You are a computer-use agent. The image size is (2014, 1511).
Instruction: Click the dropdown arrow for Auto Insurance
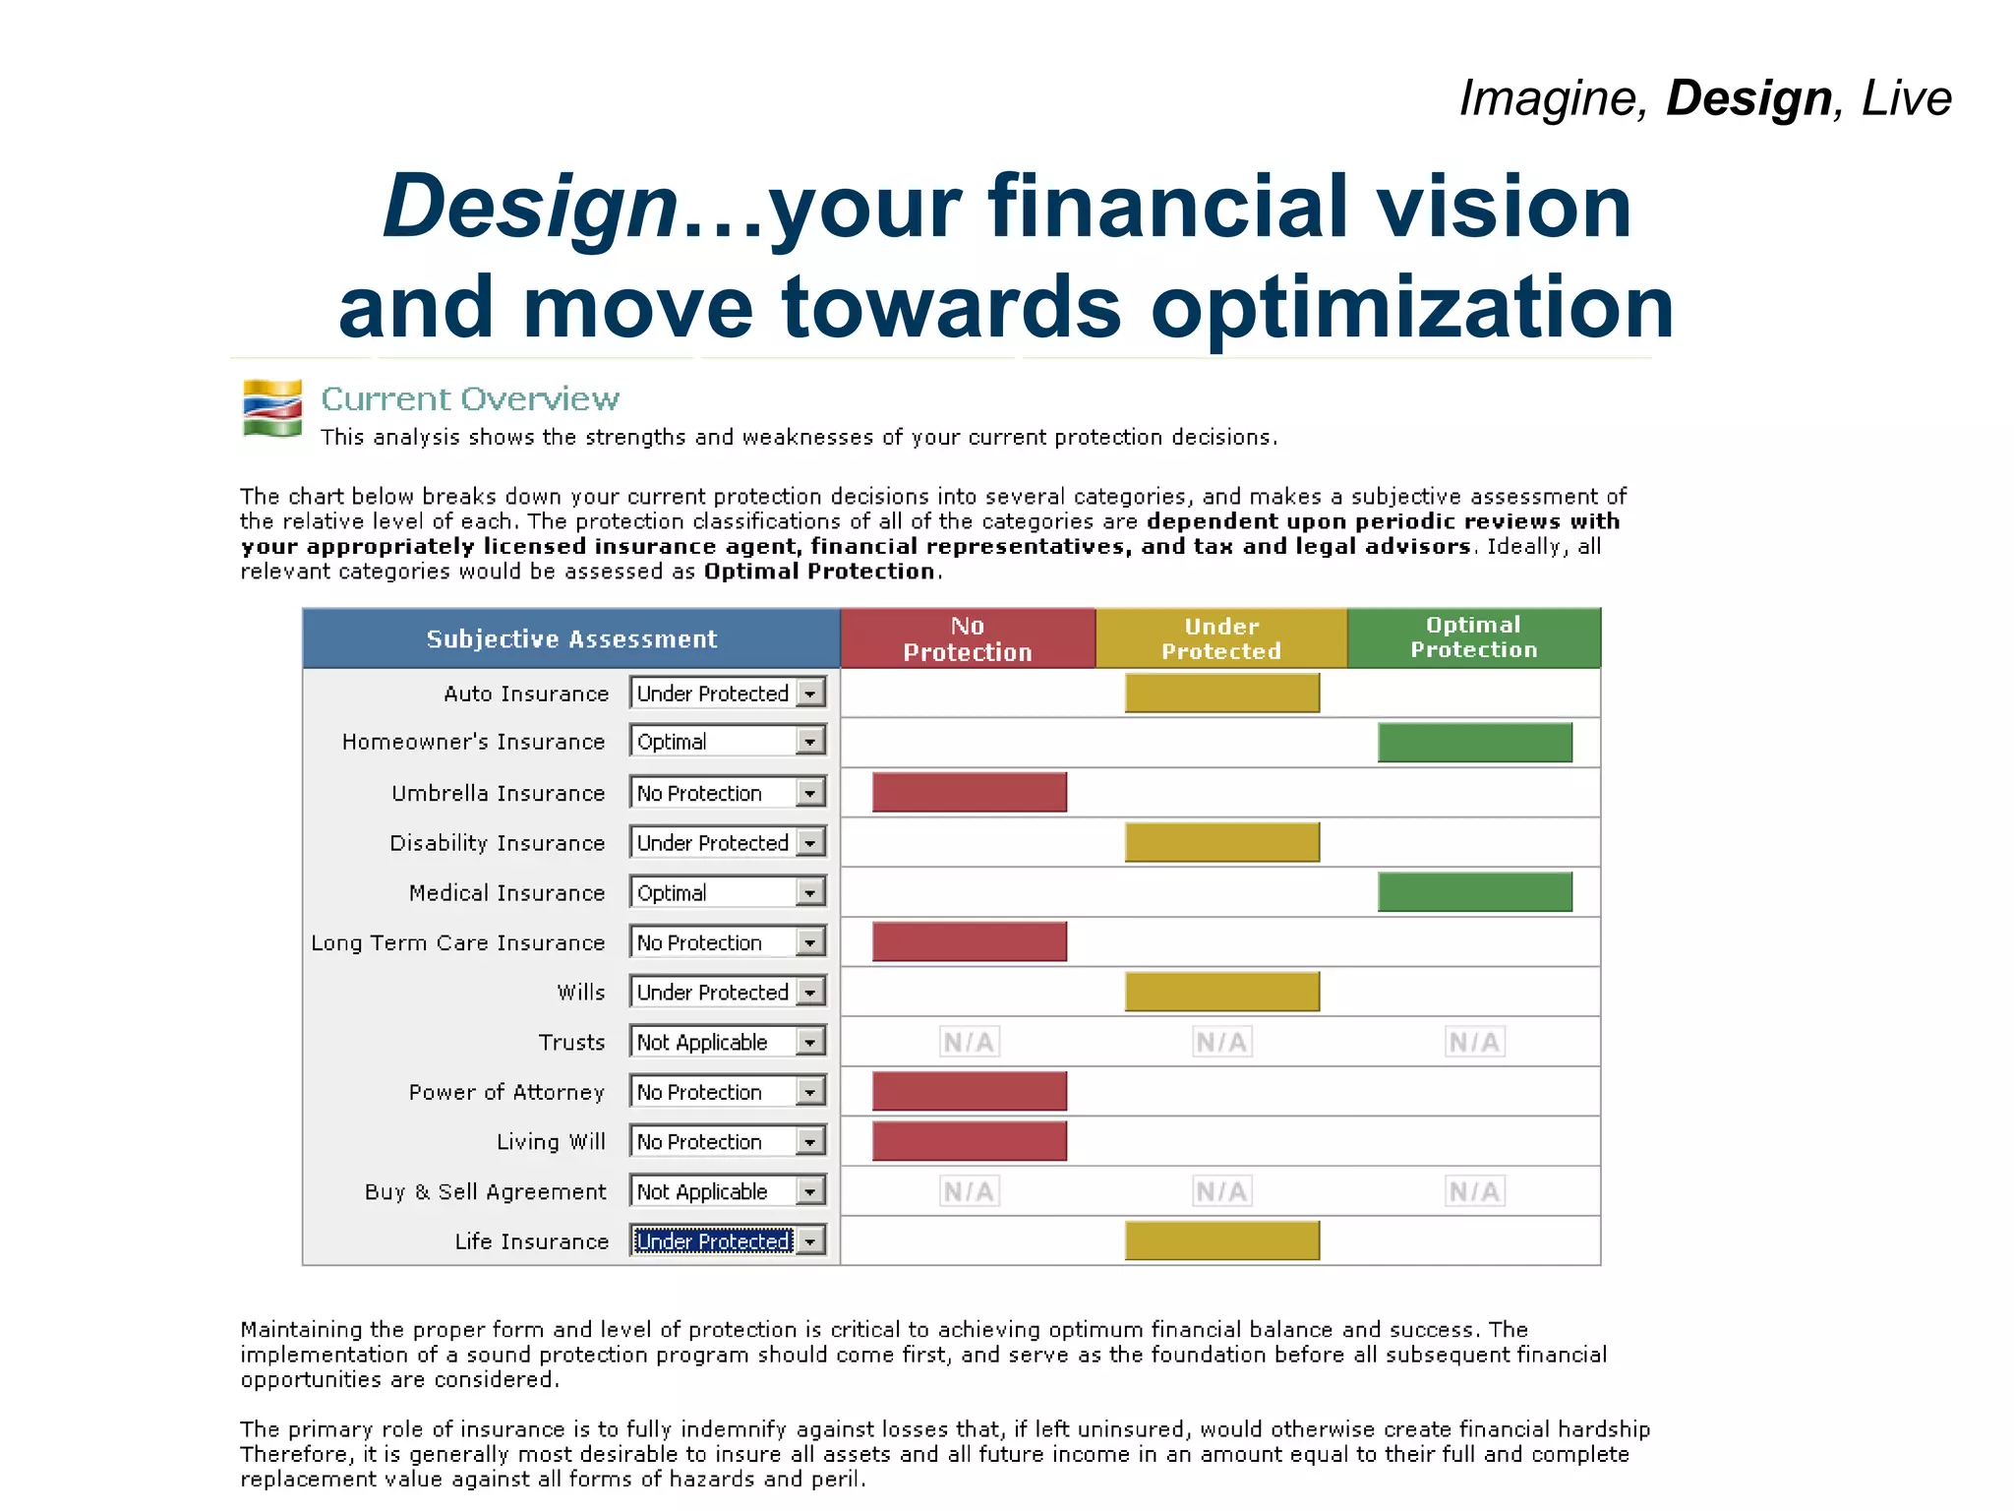coord(809,694)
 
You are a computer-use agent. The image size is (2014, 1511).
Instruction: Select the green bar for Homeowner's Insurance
coord(1474,743)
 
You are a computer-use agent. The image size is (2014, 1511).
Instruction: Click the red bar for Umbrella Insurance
coord(969,793)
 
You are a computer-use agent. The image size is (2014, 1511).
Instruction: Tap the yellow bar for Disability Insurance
coord(1221,843)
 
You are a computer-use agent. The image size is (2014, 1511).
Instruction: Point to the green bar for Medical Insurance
coord(1474,892)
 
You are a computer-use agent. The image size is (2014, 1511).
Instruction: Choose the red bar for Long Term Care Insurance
coord(969,942)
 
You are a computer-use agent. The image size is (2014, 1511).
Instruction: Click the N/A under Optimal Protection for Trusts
coord(1474,1042)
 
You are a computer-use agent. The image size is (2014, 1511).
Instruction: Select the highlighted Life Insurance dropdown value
coord(713,1241)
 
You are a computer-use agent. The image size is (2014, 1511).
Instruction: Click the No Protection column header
coord(968,639)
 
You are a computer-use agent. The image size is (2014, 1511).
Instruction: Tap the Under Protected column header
coord(1221,639)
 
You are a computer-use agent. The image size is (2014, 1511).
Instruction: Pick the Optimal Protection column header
coord(1473,638)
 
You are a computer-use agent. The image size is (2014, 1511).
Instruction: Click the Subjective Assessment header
coord(571,639)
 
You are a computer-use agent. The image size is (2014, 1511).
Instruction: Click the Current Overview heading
coord(470,399)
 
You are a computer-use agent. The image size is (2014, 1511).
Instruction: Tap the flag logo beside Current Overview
coord(272,408)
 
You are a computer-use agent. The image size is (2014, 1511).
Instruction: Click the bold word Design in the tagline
coord(1748,98)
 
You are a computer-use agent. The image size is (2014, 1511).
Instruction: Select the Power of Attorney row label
coord(506,1092)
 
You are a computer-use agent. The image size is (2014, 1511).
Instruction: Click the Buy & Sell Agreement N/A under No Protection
coord(969,1191)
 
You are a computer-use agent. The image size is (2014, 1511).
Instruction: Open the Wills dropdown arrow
coord(809,993)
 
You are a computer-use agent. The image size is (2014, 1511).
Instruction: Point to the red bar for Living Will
coord(969,1141)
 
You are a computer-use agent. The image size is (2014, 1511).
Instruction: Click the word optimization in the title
coord(1412,307)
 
